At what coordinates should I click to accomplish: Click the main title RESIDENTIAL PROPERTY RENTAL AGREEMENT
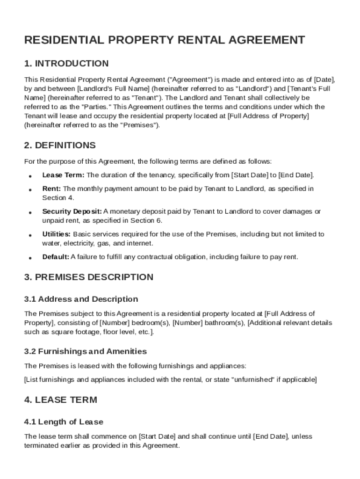point(165,40)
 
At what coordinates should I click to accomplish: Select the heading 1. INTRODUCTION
point(66,63)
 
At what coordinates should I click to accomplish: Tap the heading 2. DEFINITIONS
point(60,145)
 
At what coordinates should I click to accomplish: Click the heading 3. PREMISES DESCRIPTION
point(88,277)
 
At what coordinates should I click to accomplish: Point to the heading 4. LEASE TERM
point(60,400)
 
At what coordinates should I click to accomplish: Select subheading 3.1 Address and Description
point(81,299)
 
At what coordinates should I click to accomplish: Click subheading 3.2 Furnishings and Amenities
point(85,351)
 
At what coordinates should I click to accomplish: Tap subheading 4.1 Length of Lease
point(64,422)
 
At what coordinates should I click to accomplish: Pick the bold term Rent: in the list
point(51,189)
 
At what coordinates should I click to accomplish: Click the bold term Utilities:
point(56,234)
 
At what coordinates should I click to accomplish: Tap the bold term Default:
point(56,257)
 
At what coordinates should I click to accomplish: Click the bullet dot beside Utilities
point(30,234)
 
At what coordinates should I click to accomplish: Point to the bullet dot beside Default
point(30,257)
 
